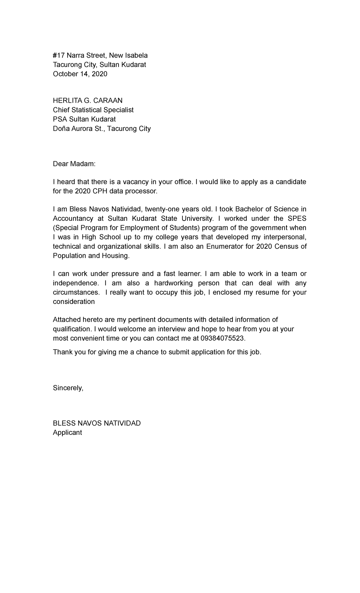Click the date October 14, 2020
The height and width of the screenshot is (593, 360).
click(80, 74)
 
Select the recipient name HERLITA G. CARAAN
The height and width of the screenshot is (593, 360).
click(88, 101)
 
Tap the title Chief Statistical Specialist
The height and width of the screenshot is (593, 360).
click(93, 110)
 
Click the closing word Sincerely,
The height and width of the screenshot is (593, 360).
click(68, 388)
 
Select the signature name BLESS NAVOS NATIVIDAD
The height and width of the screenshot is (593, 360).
click(97, 423)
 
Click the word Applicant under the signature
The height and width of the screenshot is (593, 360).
click(67, 433)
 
